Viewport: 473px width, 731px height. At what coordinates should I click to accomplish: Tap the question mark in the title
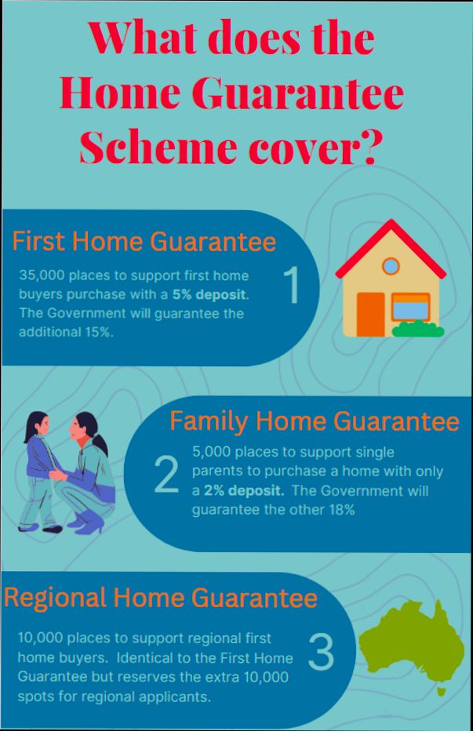click(366, 146)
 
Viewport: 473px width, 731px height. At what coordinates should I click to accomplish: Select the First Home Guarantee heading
click(144, 242)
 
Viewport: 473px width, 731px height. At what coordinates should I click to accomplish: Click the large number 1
click(291, 285)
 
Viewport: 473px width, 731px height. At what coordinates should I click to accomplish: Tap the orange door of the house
click(370, 314)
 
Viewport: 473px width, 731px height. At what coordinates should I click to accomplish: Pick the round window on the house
click(391, 265)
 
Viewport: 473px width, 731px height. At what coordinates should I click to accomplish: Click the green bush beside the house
click(417, 329)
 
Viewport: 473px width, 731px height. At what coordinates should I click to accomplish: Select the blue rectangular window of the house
click(410, 308)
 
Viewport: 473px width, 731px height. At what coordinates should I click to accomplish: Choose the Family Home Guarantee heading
click(315, 421)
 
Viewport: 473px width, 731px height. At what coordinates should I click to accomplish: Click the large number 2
click(166, 475)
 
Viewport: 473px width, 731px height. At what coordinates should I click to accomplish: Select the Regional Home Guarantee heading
click(161, 598)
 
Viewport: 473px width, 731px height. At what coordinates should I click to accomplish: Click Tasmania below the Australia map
click(442, 691)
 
